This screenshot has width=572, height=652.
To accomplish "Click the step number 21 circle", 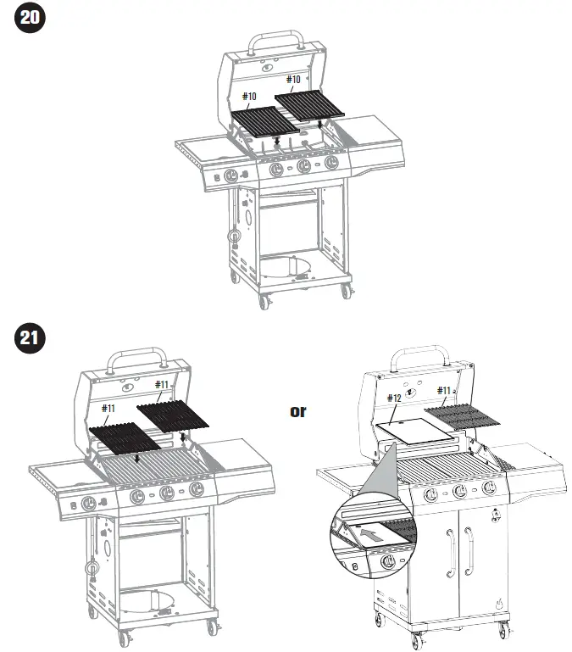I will tap(29, 338).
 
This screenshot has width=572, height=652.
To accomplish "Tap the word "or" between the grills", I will tap(298, 411).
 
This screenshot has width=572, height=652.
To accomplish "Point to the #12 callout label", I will tap(393, 398).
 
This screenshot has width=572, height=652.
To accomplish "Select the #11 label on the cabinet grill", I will tap(443, 391).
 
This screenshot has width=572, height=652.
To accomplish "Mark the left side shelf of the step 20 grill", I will tap(204, 150).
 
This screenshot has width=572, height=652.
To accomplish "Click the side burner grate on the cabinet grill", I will tap(507, 463).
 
